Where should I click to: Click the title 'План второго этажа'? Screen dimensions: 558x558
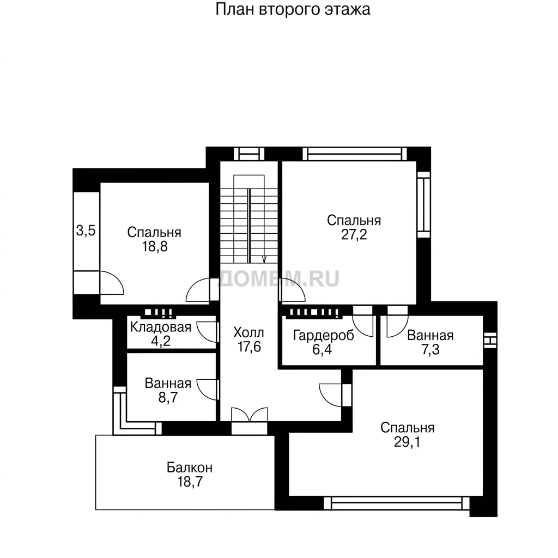pyautogui.click(x=293, y=10)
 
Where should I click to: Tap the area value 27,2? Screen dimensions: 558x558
pyautogui.click(x=354, y=235)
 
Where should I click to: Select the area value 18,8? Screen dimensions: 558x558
pyautogui.click(x=155, y=247)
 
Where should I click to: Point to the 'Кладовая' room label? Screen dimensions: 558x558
pyautogui.click(x=161, y=327)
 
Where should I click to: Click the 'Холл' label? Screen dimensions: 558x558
pyautogui.click(x=248, y=333)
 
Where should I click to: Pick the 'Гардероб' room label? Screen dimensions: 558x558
pyautogui.click(x=324, y=336)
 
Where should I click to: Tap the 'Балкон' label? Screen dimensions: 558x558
pyautogui.click(x=190, y=467)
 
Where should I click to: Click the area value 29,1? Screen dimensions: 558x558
pyautogui.click(x=407, y=442)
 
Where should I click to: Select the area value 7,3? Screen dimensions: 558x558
pyautogui.click(x=430, y=350)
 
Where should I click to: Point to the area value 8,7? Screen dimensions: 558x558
pyautogui.click(x=168, y=397)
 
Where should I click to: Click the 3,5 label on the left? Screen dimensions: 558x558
pyautogui.click(x=86, y=231)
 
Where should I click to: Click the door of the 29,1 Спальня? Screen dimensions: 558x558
pyautogui.click(x=331, y=395)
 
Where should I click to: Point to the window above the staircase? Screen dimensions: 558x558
pyautogui.click(x=249, y=154)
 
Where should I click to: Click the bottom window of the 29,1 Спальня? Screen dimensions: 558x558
pyautogui.click(x=397, y=503)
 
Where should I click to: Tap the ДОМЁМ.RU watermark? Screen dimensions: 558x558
pyautogui.click(x=278, y=278)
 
